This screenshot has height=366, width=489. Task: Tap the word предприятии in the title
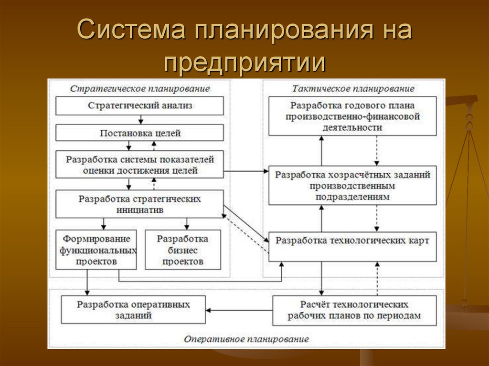coord(244,62)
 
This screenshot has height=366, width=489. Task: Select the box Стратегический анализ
coord(139,106)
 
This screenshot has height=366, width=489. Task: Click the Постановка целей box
coord(139,133)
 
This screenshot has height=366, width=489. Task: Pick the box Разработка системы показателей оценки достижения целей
coord(139,165)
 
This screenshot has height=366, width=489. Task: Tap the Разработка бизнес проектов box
coord(183,250)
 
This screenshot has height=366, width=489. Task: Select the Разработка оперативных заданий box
coord(133,310)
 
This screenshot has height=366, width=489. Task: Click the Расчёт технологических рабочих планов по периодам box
coord(354,310)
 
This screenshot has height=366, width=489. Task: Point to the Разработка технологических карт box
coord(352,241)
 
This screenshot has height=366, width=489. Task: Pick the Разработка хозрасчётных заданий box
coord(352,186)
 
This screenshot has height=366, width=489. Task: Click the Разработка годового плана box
coord(352,116)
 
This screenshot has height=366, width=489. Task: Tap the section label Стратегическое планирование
coord(140,89)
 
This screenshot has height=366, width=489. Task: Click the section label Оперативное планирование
coord(246,339)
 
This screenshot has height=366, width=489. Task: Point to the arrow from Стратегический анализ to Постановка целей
coord(140,120)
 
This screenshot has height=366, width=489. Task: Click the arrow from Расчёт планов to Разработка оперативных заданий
coord(239,309)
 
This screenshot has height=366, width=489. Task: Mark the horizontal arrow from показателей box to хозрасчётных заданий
coord(246,171)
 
